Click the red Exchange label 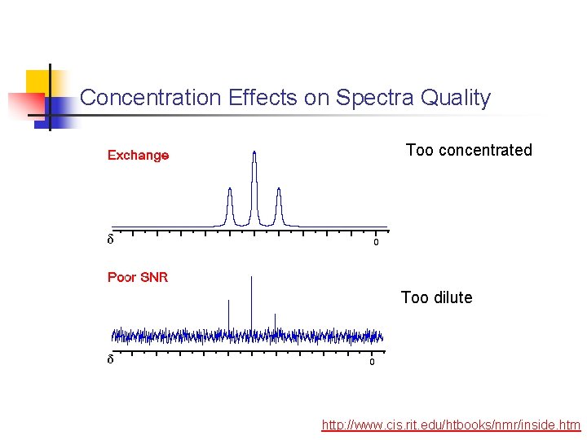(x=139, y=155)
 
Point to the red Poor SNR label (x=138, y=277)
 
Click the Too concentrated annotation (x=469, y=150)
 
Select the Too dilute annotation (x=436, y=297)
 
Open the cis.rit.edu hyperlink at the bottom (x=451, y=425)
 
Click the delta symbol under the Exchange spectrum (x=111, y=240)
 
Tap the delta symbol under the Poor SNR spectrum (x=111, y=360)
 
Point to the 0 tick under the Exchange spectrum (x=376, y=242)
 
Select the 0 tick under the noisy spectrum (x=372, y=362)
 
